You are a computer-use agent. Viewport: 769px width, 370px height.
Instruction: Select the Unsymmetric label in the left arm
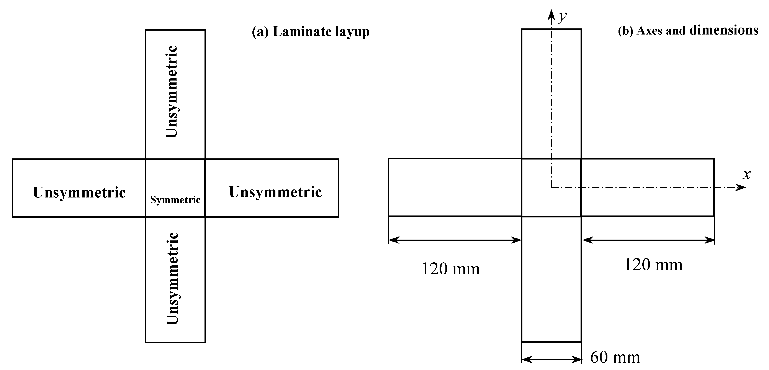coord(79,192)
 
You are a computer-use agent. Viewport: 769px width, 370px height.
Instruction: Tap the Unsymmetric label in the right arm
coord(275,192)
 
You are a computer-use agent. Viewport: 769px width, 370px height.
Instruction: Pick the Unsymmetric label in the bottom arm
coord(172,279)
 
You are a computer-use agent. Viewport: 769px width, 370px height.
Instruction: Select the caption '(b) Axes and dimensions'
coord(688,30)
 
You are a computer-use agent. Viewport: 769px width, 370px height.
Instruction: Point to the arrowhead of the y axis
coord(551,14)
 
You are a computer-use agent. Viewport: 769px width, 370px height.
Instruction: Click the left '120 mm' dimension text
coord(450,269)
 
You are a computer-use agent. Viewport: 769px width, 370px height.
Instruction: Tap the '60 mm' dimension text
coord(615,357)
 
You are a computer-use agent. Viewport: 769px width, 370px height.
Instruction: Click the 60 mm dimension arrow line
coord(551,360)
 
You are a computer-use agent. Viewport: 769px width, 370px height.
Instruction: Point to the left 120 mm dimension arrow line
coord(455,240)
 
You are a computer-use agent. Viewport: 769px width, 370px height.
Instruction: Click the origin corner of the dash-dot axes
coord(551,187)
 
